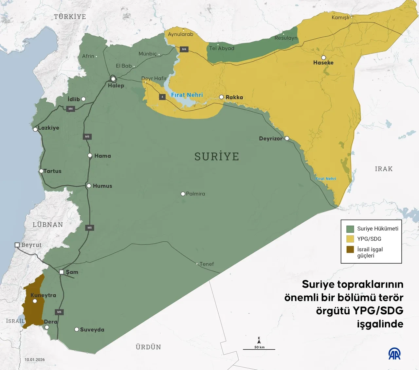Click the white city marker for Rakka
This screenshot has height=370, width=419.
point(222,97)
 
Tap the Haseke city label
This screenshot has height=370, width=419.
point(323,63)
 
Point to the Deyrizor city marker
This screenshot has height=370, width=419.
point(287,139)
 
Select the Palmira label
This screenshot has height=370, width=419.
point(195,194)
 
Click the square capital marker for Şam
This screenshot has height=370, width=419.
point(62,272)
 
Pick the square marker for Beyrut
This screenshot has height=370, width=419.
point(17,245)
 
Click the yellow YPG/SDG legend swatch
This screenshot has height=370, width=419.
point(350,239)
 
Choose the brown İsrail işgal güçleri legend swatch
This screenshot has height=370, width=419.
point(350,250)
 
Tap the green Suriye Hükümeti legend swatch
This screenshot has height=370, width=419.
point(350,229)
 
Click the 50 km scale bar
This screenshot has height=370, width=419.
point(259,349)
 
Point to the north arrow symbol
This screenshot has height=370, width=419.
point(259,341)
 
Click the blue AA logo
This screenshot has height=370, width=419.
point(394,354)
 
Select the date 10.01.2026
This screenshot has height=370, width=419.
point(35,360)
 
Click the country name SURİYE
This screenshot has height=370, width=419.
point(217,157)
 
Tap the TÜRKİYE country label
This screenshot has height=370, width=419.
point(70,17)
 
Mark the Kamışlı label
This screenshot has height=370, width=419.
point(340,17)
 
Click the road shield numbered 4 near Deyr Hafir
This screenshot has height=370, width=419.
point(162,97)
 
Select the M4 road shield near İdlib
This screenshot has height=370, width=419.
point(70,109)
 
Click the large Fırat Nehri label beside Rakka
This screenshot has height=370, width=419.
point(187,95)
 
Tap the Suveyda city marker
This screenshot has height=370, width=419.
point(77,329)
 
